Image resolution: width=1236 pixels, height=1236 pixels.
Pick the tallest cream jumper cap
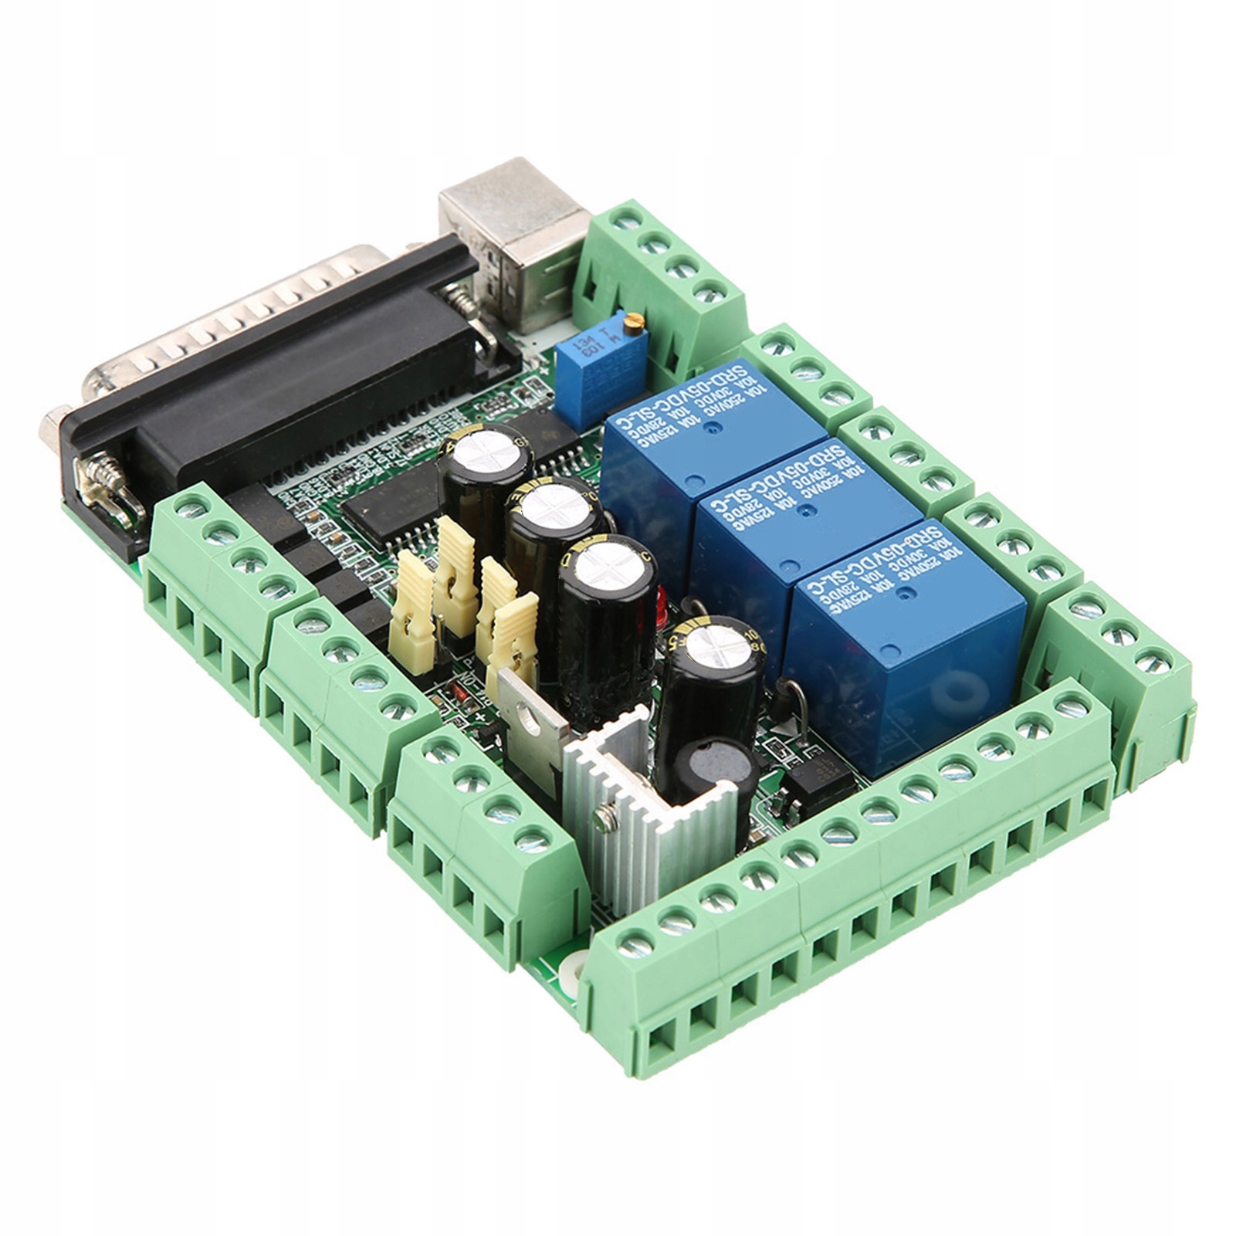pyautogui.click(x=457, y=571)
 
